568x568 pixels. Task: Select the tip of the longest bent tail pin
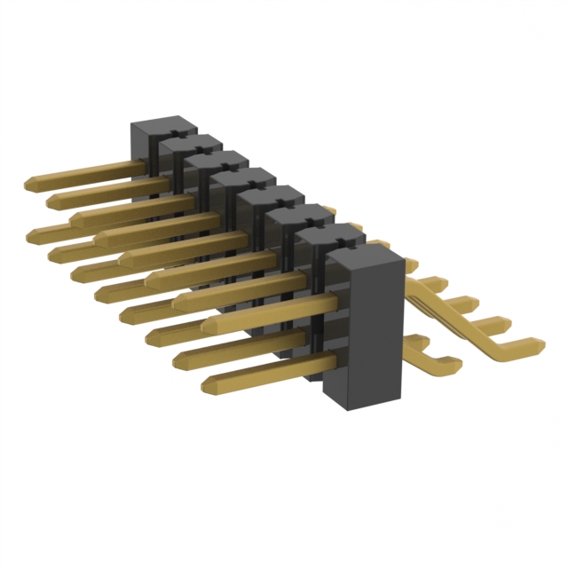pyautogui.click(x=540, y=342)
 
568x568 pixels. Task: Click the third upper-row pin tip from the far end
pyautogui.click(x=75, y=217)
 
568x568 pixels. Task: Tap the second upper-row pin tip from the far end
pyautogui.click(x=51, y=199)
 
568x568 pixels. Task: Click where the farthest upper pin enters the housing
pyautogui.click(x=142, y=163)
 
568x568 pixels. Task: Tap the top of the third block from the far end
pyautogui.click(x=217, y=160)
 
